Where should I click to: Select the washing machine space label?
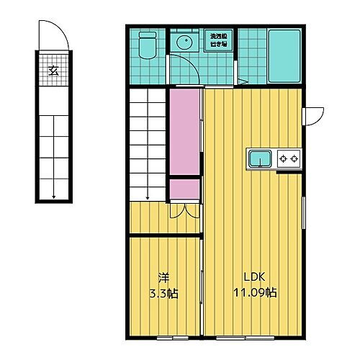(x=218, y=40)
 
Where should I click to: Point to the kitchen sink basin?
(x=260, y=158)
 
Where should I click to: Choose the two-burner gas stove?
(x=289, y=158)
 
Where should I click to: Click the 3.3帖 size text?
(x=163, y=293)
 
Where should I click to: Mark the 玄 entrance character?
(x=54, y=70)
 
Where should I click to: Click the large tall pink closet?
(x=185, y=132)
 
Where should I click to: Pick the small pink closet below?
(x=185, y=189)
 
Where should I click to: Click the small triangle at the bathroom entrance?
(x=243, y=81)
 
